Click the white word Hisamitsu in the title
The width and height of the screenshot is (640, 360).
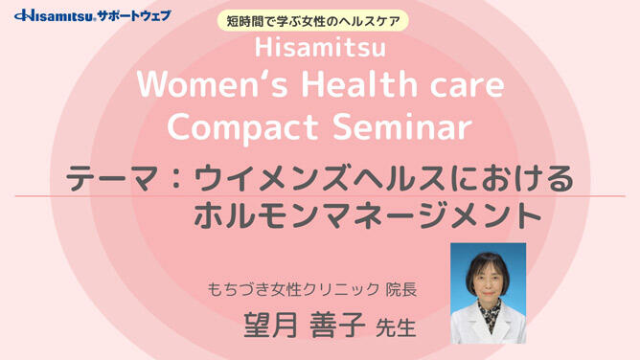(x=320, y=48)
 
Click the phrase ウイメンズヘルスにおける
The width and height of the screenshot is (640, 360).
(x=382, y=179)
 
